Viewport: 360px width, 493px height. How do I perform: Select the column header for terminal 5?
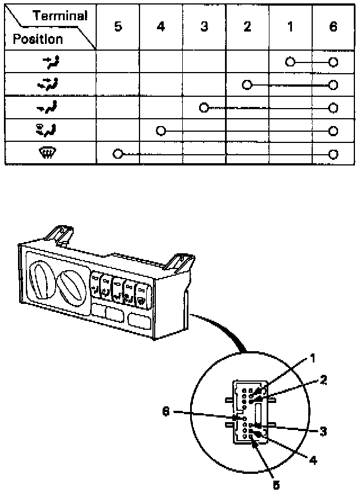(x=118, y=27)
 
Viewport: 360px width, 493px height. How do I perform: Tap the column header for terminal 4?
(x=161, y=27)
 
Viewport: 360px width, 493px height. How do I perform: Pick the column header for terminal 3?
(x=204, y=27)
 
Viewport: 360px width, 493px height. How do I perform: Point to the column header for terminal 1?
(x=290, y=27)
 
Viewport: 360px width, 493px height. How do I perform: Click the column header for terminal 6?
(x=333, y=27)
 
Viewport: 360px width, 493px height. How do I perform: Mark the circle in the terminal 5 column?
(x=118, y=154)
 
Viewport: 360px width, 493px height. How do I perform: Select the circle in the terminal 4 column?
(x=161, y=131)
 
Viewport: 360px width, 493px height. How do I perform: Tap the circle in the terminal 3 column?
(x=204, y=107)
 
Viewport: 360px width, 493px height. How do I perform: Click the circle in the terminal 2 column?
(x=246, y=84)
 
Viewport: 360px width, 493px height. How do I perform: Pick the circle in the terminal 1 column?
(x=290, y=62)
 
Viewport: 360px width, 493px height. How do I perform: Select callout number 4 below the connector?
(x=313, y=460)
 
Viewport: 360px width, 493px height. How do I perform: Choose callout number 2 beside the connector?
(x=323, y=379)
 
